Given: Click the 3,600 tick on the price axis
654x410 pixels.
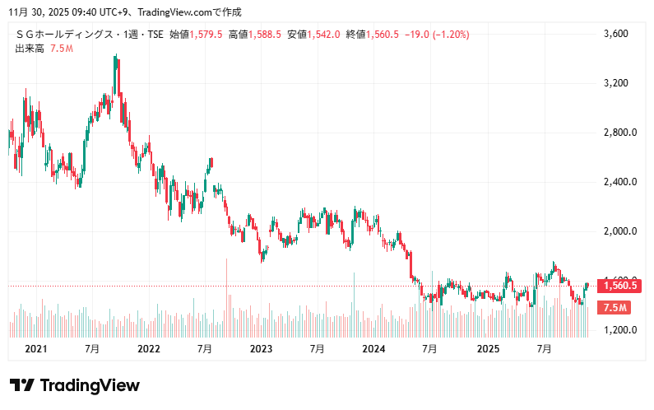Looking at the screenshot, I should pyautogui.click(x=615, y=34).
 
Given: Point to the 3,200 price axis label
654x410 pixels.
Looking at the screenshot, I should pyautogui.click(x=615, y=83).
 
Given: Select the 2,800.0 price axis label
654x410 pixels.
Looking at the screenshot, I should pyautogui.click(x=619, y=133).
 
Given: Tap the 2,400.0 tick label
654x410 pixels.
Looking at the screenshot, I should pyautogui.click(x=619, y=182).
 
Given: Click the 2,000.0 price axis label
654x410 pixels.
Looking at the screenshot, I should pyautogui.click(x=619, y=231).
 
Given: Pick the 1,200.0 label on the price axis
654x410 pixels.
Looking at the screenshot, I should pyautogui.click(x=619, y=330).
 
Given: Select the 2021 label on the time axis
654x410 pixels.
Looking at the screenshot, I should pyautogui.click(x=36, y=349).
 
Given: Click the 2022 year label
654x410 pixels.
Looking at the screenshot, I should pyautogui.click(x=149, y=349).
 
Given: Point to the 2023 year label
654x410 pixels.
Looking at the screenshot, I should pyautogui.click(x=261, y=349).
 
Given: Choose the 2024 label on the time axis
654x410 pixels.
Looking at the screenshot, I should pyautogui.click(x=373, y=349).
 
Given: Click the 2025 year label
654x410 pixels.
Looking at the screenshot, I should pyautogui.click(x=488, y=349).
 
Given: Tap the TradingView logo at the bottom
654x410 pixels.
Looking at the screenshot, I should pyautogui.click(x=74, y=385).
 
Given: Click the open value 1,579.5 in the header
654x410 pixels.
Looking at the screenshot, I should pyautogui.click(x=206, y=35).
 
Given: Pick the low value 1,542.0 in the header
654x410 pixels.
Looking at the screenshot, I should pyautogui.click(x=324, y=35).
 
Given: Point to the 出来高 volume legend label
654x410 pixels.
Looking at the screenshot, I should pyautogui.click(x=30, y=49).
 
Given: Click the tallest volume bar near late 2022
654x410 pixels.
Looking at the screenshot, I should pyautogui.click(x=226, y=296).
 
